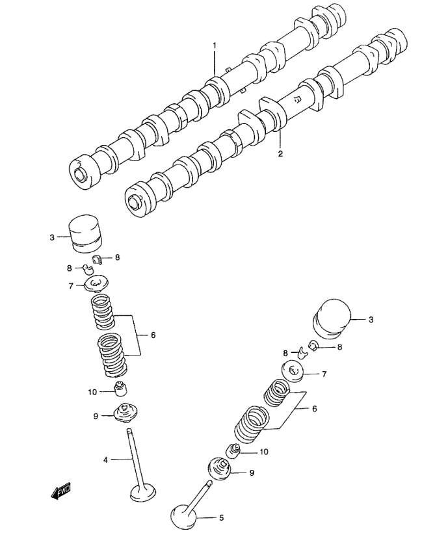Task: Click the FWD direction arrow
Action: point(60,491)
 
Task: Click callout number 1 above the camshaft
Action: point(215,45)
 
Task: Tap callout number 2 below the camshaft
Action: point(280,154)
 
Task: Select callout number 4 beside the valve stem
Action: point(105,460)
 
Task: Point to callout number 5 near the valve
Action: point(221,518)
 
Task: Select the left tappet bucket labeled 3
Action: point(85,233)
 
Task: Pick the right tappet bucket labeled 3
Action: point(332,318)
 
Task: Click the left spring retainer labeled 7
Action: point(96,283)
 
